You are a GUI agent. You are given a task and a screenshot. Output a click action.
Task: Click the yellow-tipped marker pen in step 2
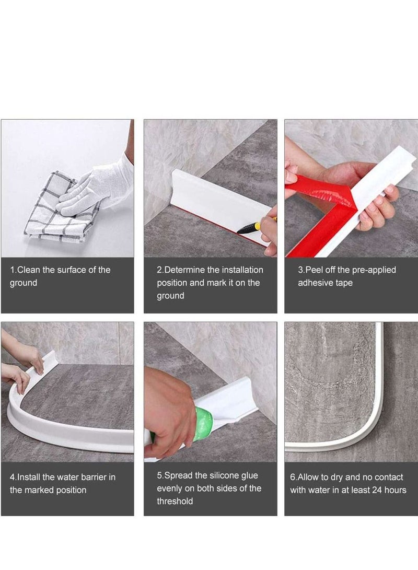click(256, 226)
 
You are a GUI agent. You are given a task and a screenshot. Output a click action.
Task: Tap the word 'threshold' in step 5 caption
click(175, 501)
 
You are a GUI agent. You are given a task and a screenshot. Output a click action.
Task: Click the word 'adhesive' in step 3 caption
click(315, 283)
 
